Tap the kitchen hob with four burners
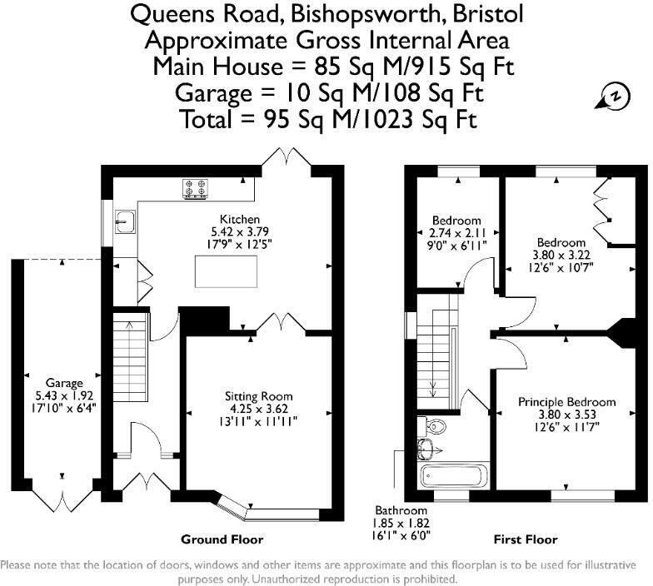click(x=196, y=191)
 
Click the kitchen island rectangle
click(x=226, y=271)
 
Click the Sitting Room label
click(x=258, y=396)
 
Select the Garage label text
click(x=64, y=384)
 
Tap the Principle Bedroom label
click(x=567, y=401)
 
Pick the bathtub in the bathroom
click(x=449, y=477)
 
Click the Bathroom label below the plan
click(x=401, y=510)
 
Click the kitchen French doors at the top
click(x=284, y=156)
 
